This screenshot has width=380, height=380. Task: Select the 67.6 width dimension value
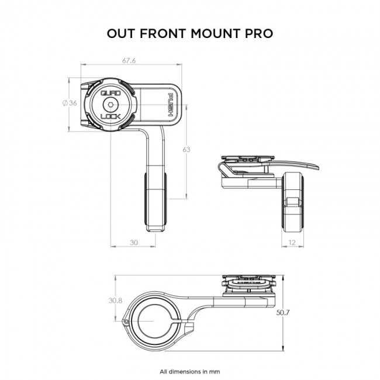point(130,60)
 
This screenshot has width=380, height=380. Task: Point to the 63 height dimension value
point(186,150)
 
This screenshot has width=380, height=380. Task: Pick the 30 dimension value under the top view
point(133,241)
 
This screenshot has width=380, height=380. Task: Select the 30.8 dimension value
point(115,300)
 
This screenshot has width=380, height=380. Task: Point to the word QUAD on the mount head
point(112,93)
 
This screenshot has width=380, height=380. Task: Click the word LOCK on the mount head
point(112,116)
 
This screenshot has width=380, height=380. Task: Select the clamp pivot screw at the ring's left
point(125,322)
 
